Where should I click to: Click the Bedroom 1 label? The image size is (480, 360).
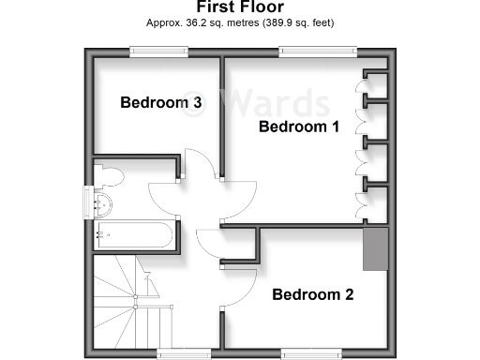point(298,127)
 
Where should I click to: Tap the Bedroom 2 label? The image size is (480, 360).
point(313,294)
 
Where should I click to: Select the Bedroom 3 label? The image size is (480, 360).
point(162,103)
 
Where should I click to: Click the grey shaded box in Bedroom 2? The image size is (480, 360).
point(376,247)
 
